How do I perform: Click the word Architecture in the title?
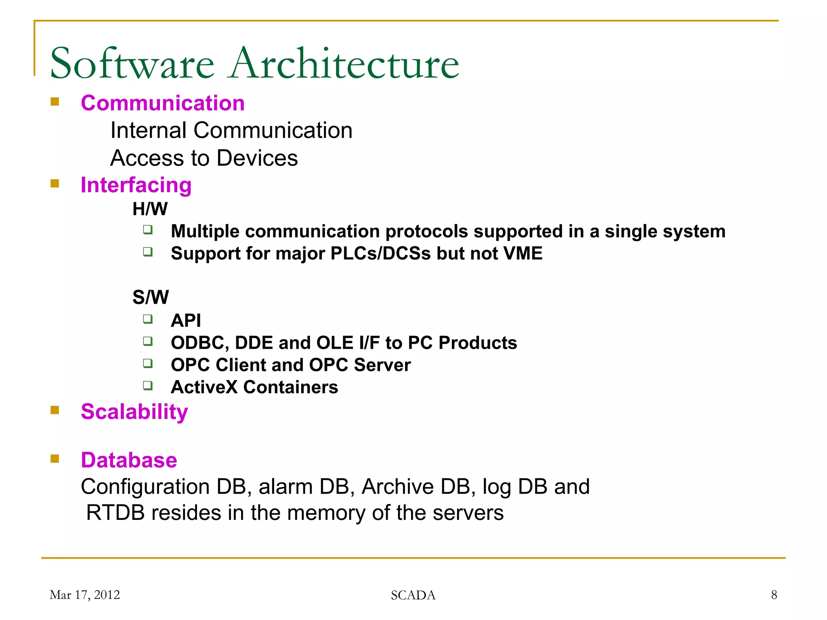(x=343, y=64)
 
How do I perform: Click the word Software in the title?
(x=132, y=64)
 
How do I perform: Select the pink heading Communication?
(x=163, y=103)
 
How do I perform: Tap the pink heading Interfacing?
(x=136, y=185)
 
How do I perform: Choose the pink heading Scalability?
(x=134, y=412)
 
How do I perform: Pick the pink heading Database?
(x=129, y=460)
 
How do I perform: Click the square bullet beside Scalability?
(x=55, y=411)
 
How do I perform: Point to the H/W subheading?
(x=150, y=209)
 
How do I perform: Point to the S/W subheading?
(x=151, y=297)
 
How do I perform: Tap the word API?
(x=186, y=320)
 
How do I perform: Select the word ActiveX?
(x=204, y=387)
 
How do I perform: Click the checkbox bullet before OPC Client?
(x=148, y=363)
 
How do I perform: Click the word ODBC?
(x=199, y=343)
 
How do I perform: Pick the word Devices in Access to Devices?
(x=257, y=158)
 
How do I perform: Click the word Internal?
(x=148, y=130)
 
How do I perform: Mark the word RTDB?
(x=115, y=513)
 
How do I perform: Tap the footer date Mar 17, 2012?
(x=85, y=595)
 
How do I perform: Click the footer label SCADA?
(x=413, y=595)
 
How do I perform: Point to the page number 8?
(x=774, y=595)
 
